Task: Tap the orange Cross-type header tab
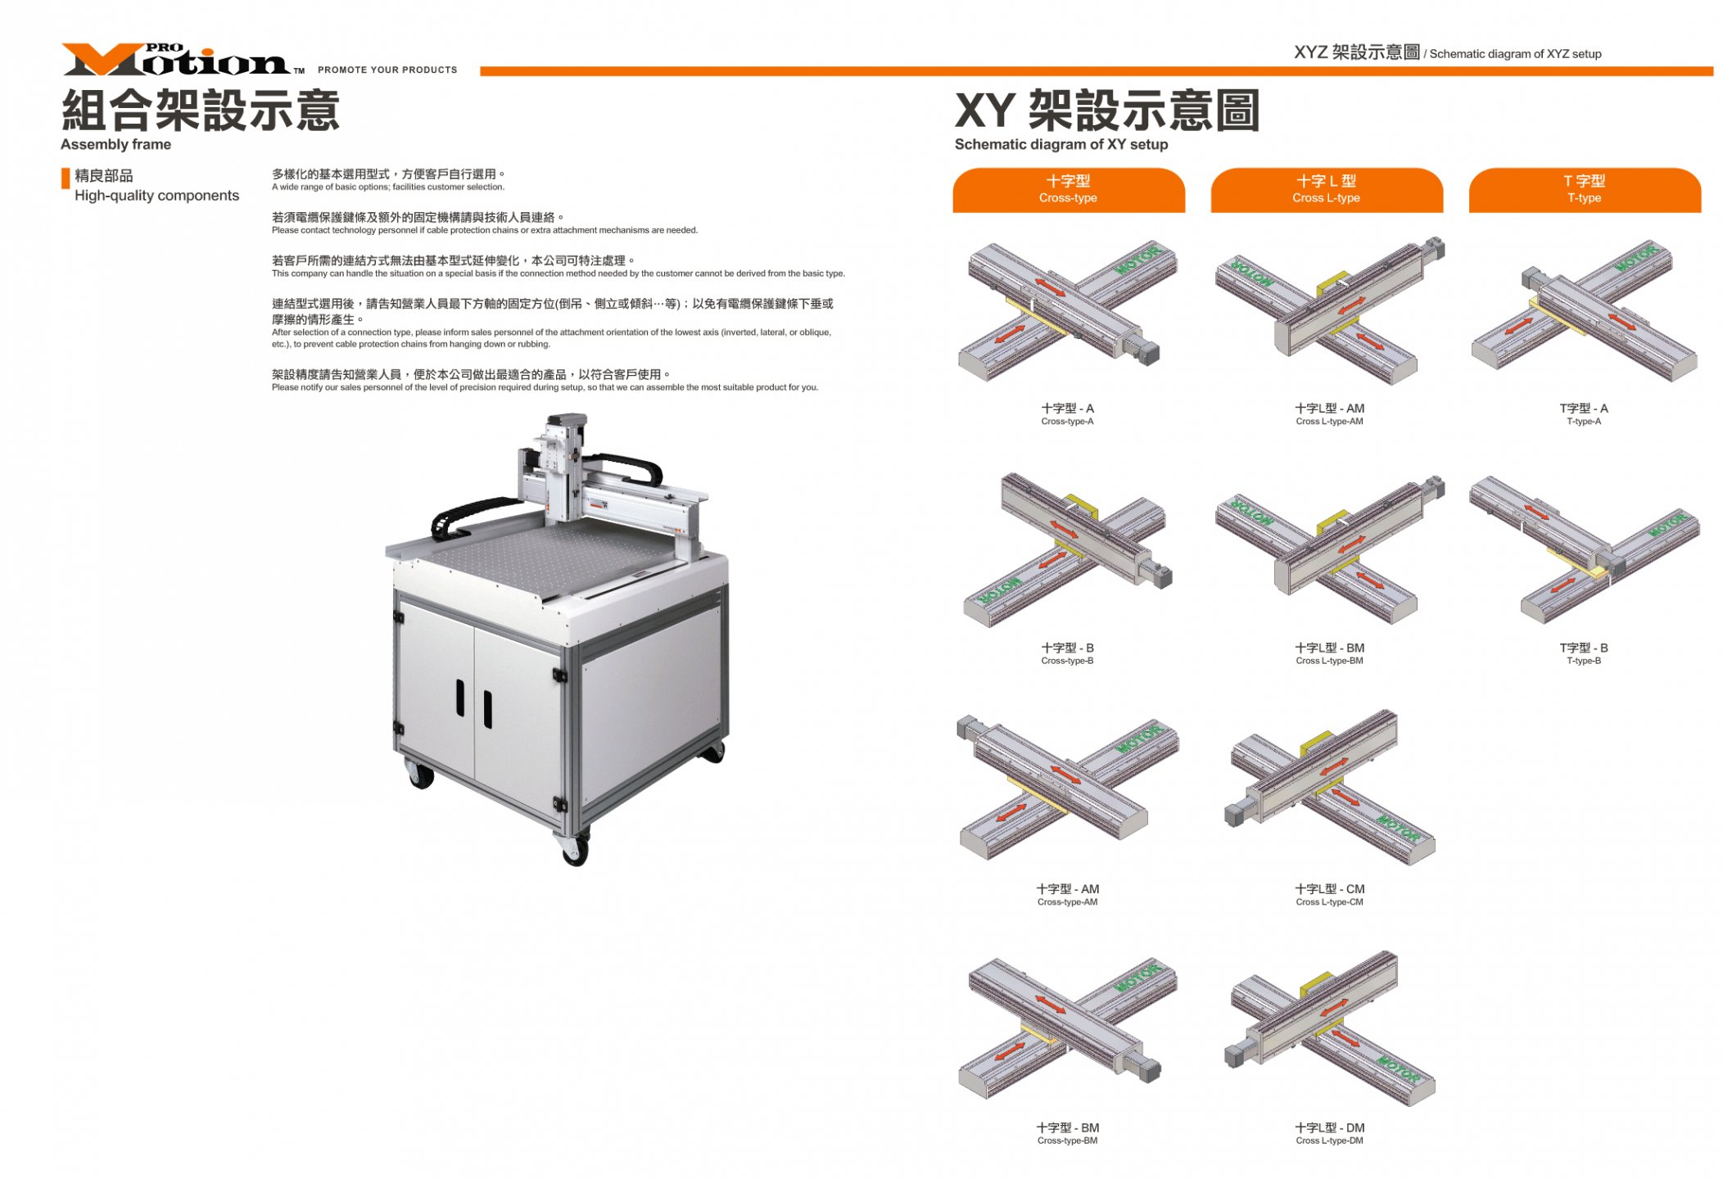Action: [1068, 190]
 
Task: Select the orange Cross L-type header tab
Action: [1326, 190]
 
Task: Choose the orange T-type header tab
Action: [1584, 190]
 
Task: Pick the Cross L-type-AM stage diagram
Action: [1329, 311]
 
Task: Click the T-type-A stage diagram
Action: [1585, 311]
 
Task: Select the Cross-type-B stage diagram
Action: [1067, 549]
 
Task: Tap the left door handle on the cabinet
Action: [460, 698]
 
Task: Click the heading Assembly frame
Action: [115, 144]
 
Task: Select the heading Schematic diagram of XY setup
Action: [1061, 144]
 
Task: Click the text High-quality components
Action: [156, 196]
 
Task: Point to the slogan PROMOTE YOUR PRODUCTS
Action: [387, 70]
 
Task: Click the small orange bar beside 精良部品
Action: [66, 178]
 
